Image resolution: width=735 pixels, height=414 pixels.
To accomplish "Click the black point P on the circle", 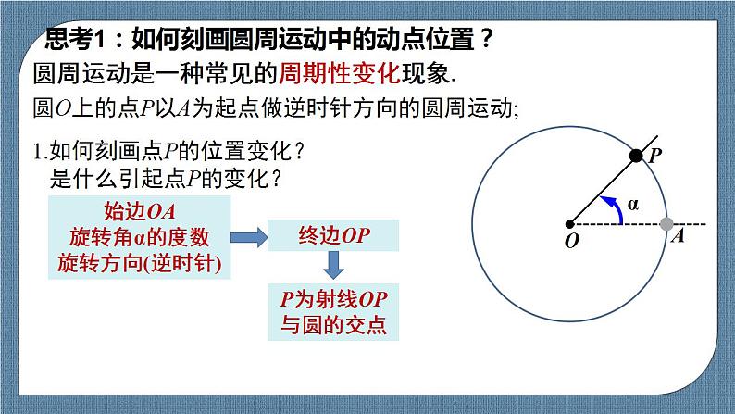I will pyautogui.click(x=636, y=156).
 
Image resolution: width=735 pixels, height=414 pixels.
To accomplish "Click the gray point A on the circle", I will pyautogui.click(x=666, y=223).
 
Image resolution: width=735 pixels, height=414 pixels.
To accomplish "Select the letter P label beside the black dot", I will pyautogui.click(x=654, y=157).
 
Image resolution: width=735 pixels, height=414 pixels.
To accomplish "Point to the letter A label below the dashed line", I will pyautogui.click(x=678, y=237).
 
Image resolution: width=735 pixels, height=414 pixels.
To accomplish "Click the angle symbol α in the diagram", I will pyautogui.click(x=633, y=207).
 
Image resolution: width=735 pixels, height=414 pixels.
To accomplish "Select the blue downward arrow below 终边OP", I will pyautogui.click(x=334, y=265).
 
